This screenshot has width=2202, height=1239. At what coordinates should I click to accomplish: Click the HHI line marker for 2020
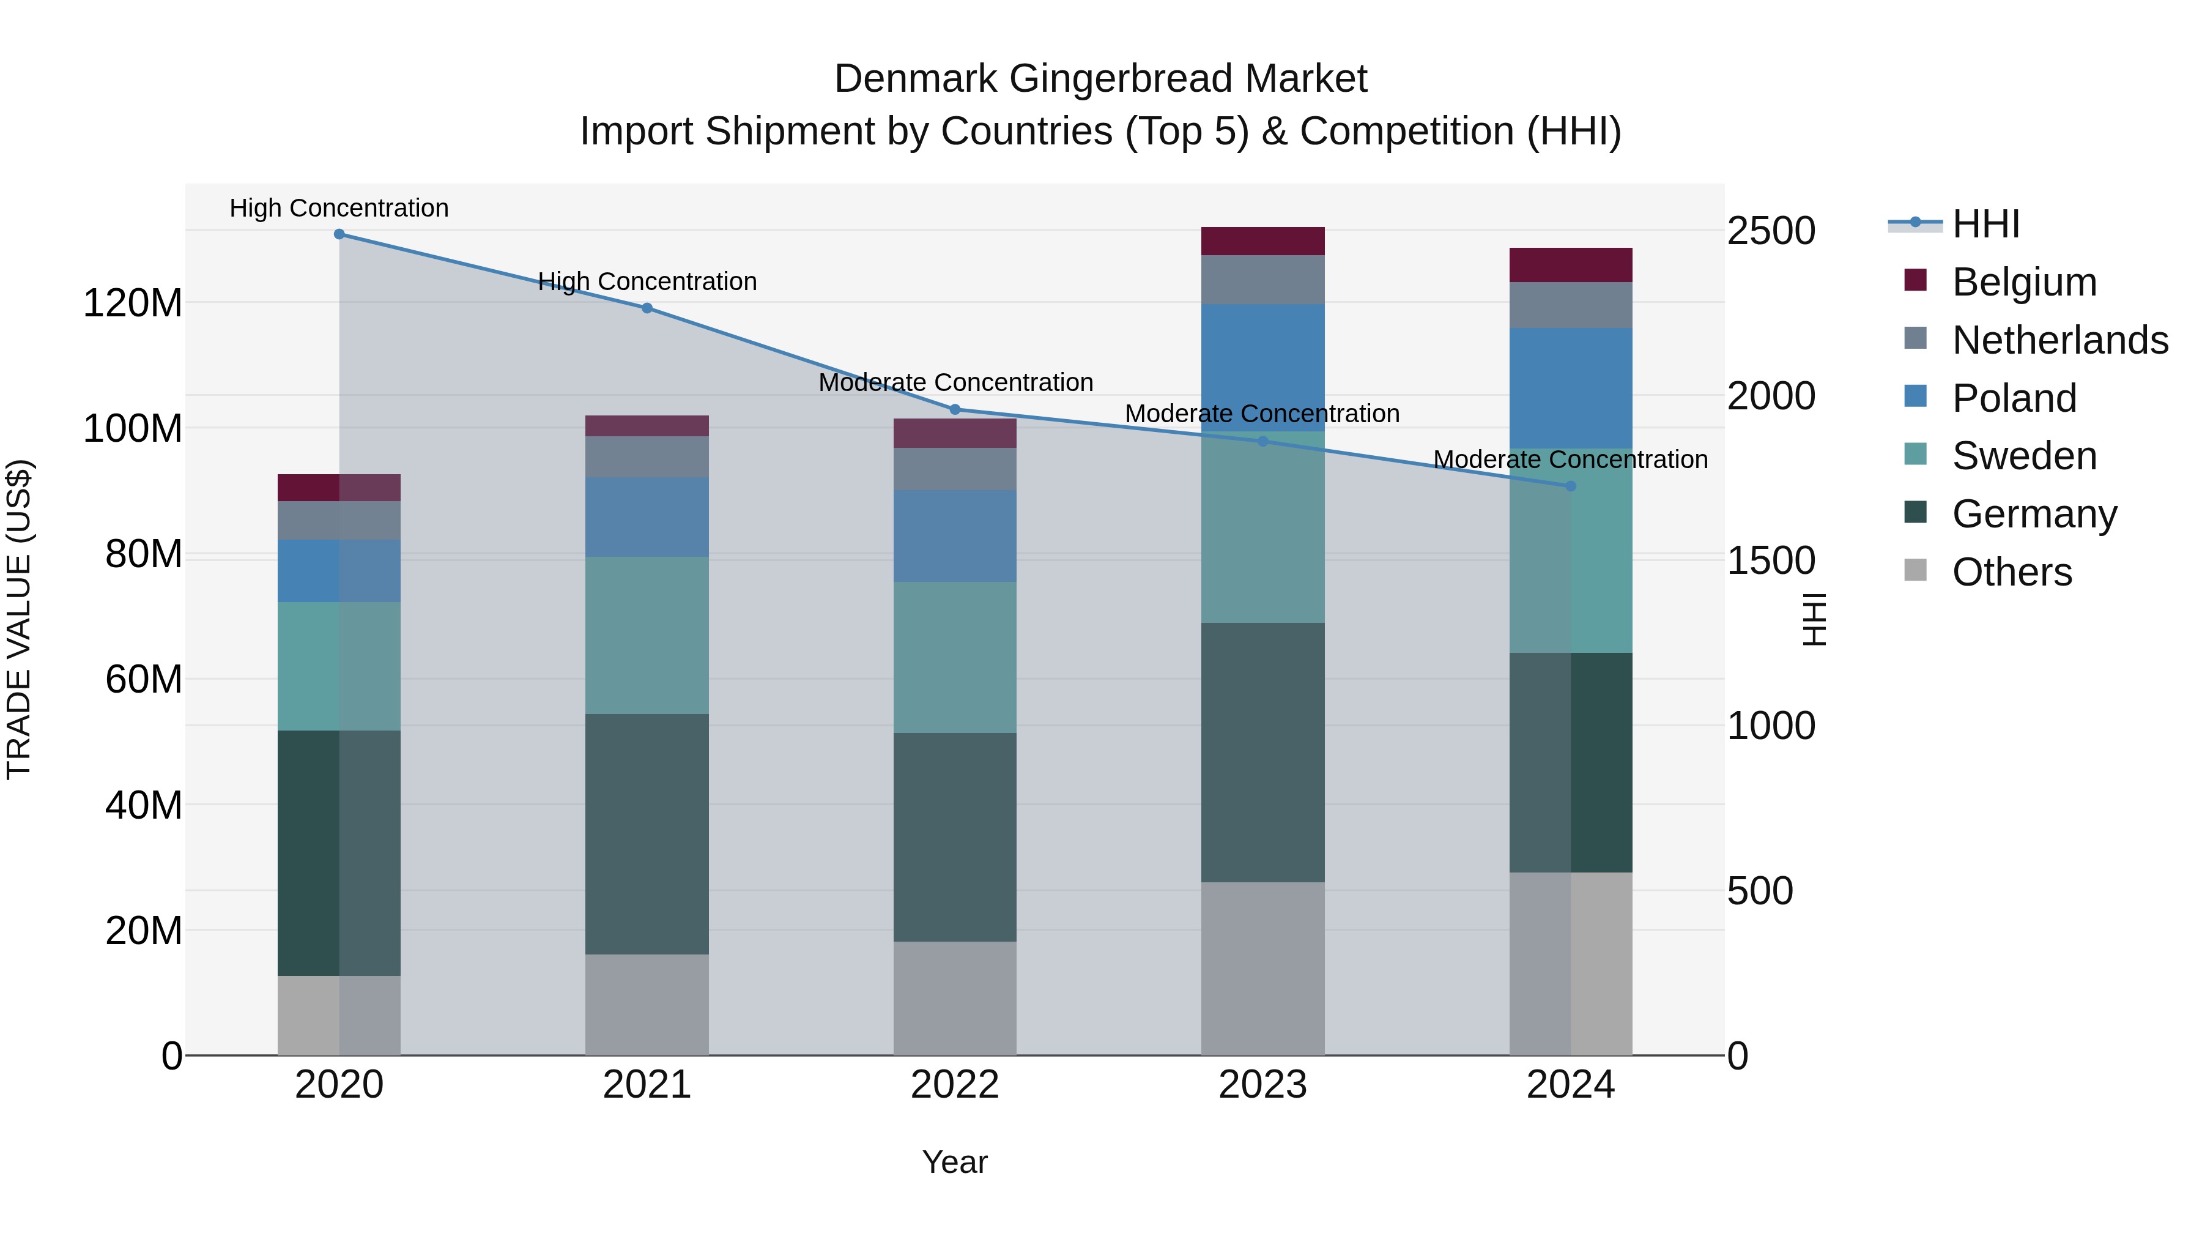click(x=339, y=234)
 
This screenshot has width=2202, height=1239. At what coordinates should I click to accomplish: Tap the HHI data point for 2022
click(x=955, y=409)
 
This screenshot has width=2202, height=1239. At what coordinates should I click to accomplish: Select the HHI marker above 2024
click(x=1570, y=486)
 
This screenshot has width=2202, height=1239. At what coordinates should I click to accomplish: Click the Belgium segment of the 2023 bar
click(x=1262, y=241)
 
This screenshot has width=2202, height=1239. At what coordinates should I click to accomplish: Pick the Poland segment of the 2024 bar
click(x=1570, y=388)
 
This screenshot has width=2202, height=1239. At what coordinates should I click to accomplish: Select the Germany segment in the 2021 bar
click(x=647, y=834)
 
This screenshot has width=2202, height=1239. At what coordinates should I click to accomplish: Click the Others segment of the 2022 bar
click(x=955, y=998)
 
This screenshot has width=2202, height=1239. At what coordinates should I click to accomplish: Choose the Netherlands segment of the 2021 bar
click(x=647, y=456)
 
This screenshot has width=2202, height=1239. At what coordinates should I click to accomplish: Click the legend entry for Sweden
click(x=2023, y=456)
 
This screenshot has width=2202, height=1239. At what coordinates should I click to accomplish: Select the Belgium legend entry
click(x=2023, y=282)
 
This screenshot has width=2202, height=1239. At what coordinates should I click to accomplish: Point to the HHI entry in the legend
click(x=1985, y=224)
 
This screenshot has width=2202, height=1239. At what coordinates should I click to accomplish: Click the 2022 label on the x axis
click(x=955, y=1085)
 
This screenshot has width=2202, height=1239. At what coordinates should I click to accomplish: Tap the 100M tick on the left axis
click(x=133, y=428)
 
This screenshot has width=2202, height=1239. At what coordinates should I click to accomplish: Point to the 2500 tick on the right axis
click(x=1771, y=231)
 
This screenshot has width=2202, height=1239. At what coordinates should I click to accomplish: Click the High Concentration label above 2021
click(x=647, y=281)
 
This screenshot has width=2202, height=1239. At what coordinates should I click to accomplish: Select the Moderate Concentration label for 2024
click(x=1570, y=459)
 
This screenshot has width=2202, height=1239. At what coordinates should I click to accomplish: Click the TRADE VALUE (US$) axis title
click(x=19, y=619)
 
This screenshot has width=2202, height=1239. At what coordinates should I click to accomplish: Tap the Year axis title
click(x=955, y=1162)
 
